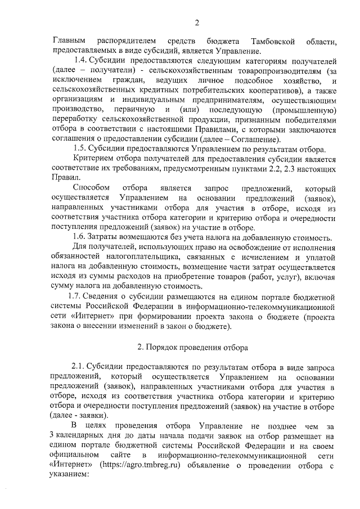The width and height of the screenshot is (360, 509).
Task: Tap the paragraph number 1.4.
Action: pyautogui.click(x=82, y=60)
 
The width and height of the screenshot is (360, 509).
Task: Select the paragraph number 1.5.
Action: pyautogui.click(x=81, y=148)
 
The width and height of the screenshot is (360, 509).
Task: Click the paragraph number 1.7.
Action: pyautogui.click(x=75, y=296)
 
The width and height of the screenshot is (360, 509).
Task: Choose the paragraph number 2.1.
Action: pyautogui.click(x=80, y=366)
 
